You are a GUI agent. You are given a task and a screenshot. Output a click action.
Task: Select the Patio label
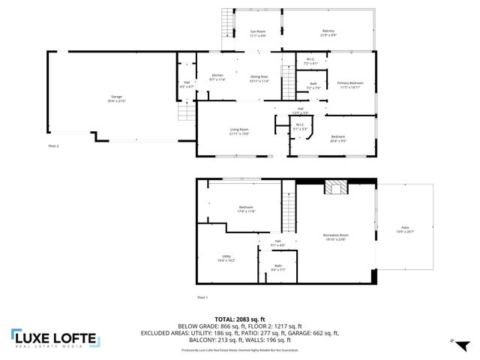405,229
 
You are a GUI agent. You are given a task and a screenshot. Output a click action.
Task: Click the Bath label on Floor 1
277,267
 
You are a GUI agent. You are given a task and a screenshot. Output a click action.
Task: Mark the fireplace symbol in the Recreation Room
334,187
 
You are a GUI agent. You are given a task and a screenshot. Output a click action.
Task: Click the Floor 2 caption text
53,145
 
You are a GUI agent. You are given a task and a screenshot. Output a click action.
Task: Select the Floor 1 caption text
202,297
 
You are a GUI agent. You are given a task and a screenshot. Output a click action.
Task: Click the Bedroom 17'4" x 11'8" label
247,208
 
